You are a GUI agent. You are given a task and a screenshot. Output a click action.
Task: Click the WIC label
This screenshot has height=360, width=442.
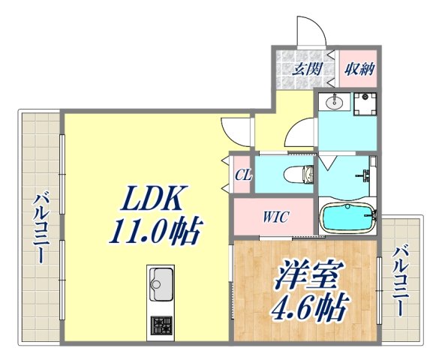point(275,218)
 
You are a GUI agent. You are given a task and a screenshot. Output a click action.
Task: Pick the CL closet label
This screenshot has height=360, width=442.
point(242,175)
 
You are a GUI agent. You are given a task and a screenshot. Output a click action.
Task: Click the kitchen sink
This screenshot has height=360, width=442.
point(161,283)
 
